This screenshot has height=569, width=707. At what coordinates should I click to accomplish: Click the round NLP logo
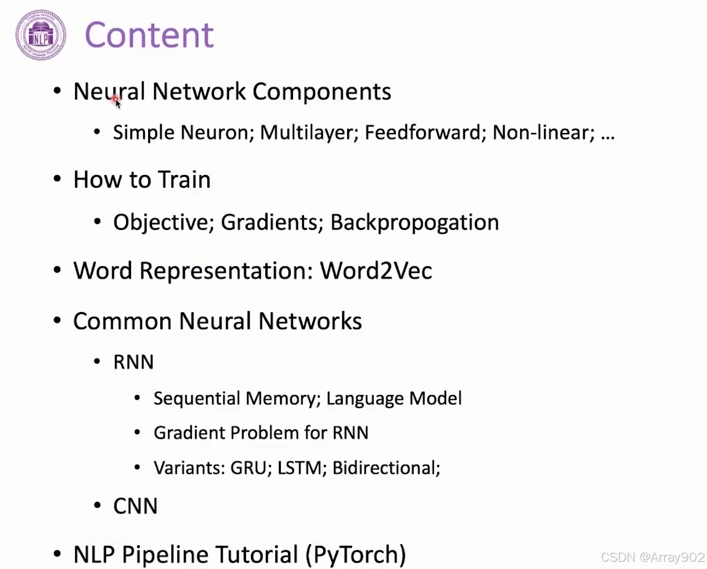[x=41, y=35]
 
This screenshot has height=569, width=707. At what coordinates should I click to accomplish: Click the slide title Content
[x=149, y=35]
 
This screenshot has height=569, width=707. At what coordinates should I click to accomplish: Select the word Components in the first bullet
[x=322, y=92]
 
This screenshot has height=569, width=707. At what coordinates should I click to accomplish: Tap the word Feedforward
[x=422, y=133]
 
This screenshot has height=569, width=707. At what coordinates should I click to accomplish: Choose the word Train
[x=184, y=180]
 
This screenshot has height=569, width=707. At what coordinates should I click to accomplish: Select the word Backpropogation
[x=415, y=223]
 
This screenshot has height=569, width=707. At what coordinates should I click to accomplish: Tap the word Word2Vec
[x=376, y=271]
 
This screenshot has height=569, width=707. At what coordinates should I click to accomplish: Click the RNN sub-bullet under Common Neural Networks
[x=133, y=362]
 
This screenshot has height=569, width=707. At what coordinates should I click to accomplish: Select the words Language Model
[x=394, y=399]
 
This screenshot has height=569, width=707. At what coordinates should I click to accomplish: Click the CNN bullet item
[x=135, y=507]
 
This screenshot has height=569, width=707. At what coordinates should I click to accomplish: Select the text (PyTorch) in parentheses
[x=355, y=555]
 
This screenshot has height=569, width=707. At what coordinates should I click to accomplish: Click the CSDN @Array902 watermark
[x=652, y=557]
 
